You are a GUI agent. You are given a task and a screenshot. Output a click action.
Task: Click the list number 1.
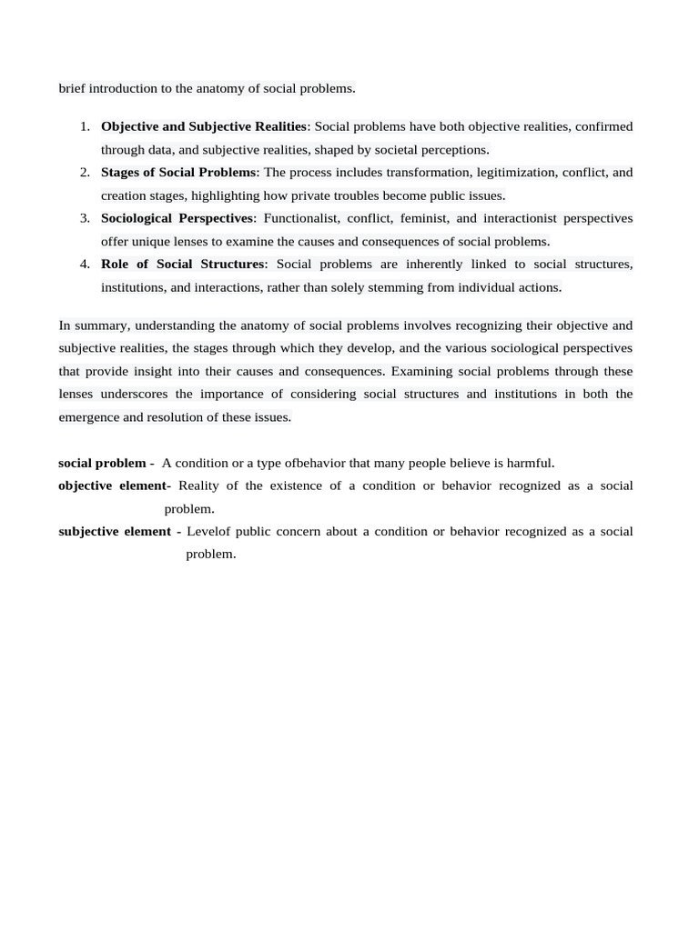(84, 126)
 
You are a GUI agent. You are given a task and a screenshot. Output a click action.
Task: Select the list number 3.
(84, 218)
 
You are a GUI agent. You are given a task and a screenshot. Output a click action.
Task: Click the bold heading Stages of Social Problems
(178, 172)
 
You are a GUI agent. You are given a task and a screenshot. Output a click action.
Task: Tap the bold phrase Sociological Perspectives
(177, 218)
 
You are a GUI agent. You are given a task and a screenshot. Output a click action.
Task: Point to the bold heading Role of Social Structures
(182, 264)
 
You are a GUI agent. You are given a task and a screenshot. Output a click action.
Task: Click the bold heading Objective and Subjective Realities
(204, 126)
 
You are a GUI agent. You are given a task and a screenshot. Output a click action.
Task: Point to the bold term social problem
(102, 463)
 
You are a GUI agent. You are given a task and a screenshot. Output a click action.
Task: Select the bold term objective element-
(114, 486)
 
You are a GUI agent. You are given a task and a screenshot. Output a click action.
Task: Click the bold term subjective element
(115, 531)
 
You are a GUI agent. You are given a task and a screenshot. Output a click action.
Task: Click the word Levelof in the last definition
(208, 531)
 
